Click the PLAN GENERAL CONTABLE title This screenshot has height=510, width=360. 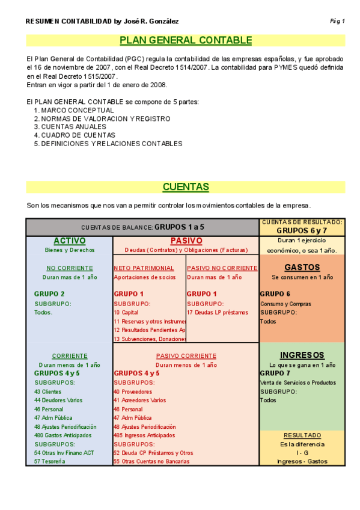(186, 40)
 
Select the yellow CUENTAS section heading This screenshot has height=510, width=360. (186, 187)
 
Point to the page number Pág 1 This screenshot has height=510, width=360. (337, 21)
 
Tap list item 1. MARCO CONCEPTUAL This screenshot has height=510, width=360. (74, 111)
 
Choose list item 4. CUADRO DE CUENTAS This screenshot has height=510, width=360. (75, 135)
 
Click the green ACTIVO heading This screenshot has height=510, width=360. (70, 241)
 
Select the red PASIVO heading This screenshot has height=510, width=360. (186, 241)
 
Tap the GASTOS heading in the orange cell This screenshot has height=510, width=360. (302, 267)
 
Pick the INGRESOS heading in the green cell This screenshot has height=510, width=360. (302, 355)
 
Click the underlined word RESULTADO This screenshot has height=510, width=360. (302, 435)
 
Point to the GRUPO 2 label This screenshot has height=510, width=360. (49, 294)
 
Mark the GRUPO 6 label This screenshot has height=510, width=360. (275, 294)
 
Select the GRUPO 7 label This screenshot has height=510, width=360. (275, 373)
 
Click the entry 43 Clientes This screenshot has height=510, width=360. (47, 392)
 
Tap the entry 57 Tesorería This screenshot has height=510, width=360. (50, 461)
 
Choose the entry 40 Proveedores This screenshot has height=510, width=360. (133, 392)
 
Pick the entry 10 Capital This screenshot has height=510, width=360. (126, 313)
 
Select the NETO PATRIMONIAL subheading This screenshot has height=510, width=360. (144, 268)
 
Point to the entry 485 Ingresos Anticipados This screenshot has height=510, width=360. (144, 435)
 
